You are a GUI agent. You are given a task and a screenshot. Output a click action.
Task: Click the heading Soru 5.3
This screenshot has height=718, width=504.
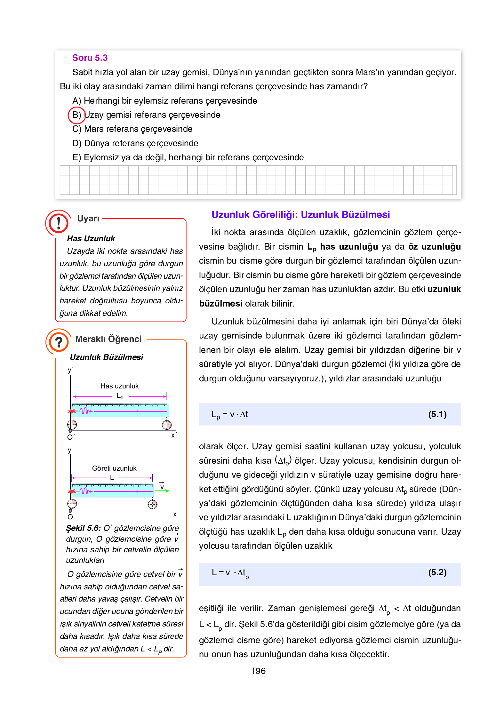click(90, 58)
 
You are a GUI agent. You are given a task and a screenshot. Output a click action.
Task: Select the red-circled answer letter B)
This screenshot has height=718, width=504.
click(76, 115)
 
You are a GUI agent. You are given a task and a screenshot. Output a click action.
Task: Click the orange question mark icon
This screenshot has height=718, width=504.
click(59, 342)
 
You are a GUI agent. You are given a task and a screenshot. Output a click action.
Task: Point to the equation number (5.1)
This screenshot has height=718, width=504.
click(437, 414)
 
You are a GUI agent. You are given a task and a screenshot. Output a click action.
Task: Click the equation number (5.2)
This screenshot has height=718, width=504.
click(437, 572)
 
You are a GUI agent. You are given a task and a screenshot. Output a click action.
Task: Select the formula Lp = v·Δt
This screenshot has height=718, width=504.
click(229, 415)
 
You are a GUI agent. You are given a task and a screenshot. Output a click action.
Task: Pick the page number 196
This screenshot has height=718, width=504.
click(258, 671)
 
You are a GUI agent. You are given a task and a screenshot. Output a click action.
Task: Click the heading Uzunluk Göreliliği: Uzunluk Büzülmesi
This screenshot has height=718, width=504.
click(300, 215)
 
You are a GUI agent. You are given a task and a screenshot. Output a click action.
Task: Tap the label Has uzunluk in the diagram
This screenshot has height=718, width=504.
click(119, 386)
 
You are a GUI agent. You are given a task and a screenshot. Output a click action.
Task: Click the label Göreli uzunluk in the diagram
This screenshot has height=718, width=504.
click(114, 468)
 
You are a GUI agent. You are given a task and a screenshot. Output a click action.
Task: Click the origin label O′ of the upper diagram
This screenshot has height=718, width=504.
click(71, 437)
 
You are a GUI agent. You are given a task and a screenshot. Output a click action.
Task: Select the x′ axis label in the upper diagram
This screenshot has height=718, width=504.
click(174, 435)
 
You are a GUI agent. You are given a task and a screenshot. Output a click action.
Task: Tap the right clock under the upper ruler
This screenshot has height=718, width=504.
click(167, 425)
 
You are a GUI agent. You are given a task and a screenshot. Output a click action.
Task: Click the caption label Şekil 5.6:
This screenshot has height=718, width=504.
click(83, 528)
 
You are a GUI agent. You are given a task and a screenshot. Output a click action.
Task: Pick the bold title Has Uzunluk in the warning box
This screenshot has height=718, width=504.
click(91, 239)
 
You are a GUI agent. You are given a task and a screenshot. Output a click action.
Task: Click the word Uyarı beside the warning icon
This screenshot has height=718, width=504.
click(88, 219)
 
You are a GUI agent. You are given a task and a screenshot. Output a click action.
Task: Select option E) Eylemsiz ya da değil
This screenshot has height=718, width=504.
click(188, 157)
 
